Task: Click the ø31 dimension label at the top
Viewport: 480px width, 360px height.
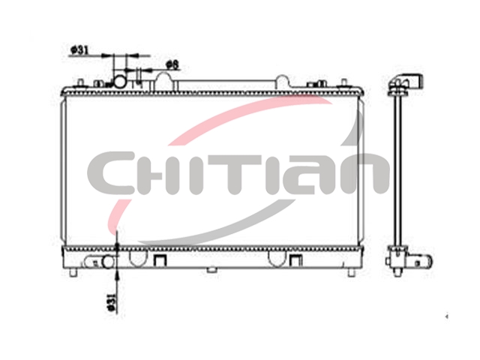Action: [79, 50]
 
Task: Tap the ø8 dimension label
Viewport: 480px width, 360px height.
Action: [172, 64]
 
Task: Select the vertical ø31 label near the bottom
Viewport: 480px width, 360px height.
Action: [112, 301]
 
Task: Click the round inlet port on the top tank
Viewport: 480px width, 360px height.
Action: [119, 82]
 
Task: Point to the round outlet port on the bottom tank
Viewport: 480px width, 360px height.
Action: [108, 262]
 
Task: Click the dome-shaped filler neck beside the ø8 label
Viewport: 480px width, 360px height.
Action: [165, 81]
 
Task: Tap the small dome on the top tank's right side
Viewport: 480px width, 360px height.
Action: [282, 82]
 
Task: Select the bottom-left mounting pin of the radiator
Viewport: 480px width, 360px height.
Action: [73, 272]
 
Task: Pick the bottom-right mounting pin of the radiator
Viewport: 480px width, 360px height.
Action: [352, 272]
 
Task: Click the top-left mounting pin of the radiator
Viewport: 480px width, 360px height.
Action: [80, 83]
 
